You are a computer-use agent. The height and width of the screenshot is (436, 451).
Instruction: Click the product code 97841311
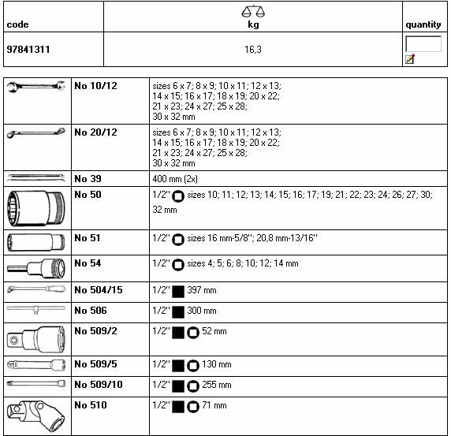pyautogui.click(x=28, y=50)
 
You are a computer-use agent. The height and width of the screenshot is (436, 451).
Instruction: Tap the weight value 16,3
pyautogui.click(x=253, y=50)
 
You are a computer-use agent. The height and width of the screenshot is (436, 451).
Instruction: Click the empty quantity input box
pyautogui.click(x=423, y=43)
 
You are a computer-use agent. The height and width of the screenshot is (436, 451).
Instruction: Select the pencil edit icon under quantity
pyautogui.click(x=410, y=58)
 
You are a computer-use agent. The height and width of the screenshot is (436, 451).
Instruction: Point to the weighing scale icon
pyautogui.click(x=253, y=12)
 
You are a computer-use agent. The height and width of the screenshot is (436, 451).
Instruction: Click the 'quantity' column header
pyautogui.click(x=423, y=24)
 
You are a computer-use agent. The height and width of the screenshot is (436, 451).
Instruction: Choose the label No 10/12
pyautogui.click(x=95, y=86)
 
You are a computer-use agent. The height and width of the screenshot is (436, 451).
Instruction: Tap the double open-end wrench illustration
pyautogui.click(x=36, y=86)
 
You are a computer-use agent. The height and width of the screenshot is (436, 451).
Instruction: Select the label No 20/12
pyautogui.click(x=95, y=132)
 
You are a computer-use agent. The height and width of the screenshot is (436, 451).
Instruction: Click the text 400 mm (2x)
pyautogui.click(x=175, y=179)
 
